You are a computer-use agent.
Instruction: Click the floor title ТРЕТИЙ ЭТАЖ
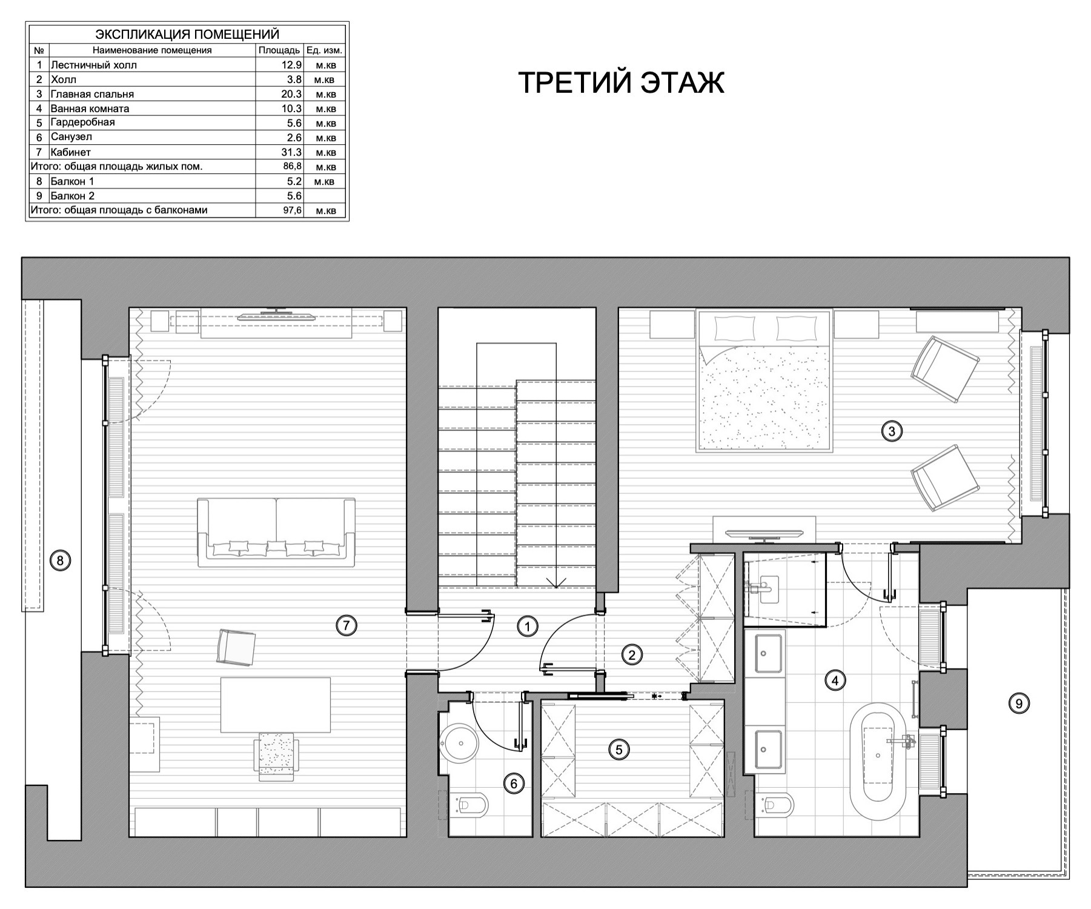622,82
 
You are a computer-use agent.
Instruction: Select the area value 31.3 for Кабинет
291,152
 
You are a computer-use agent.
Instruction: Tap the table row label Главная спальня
93,94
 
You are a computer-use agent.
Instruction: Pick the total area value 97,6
292,210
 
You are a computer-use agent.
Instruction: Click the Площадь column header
279,50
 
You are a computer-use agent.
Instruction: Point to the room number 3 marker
891,431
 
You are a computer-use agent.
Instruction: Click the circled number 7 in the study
346,626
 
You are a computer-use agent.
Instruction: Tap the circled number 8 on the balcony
59,561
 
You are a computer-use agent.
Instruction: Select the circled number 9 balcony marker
1019,704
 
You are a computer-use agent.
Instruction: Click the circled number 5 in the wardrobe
618,750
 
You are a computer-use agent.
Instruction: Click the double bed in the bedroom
764,381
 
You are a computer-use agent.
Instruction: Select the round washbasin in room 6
459,743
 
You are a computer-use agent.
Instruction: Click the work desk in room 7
276,705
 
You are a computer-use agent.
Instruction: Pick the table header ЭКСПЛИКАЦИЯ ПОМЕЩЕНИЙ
187,35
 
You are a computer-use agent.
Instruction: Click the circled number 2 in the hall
632,654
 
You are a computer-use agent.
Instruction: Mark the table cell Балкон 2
73,196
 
